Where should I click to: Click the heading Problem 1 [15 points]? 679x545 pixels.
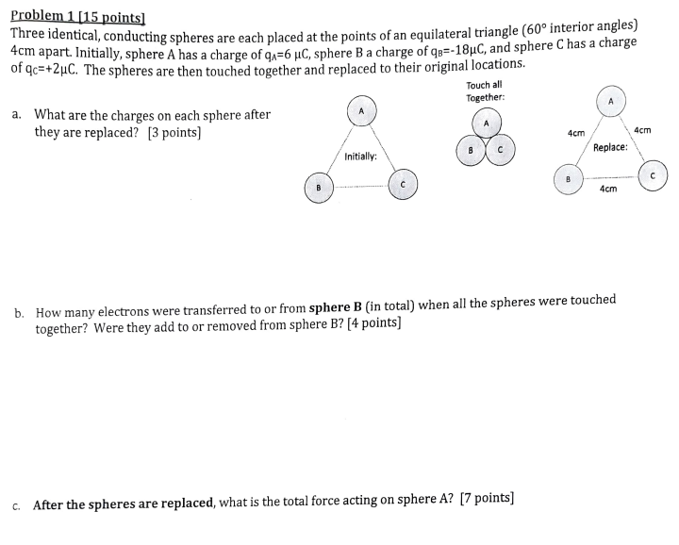coord(84,17)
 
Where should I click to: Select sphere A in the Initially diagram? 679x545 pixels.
coord(361,111)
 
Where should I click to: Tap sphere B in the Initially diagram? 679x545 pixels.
coord(319,188)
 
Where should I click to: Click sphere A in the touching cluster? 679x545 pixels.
coord(486,124)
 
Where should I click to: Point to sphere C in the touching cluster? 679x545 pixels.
coord(501,149)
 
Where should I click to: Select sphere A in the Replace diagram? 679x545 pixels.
coord(610,101)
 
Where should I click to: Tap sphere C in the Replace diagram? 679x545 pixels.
coord(652,174)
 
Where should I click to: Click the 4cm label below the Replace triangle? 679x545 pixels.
coord(608,190)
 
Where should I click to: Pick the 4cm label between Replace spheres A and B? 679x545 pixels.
coord(575,134)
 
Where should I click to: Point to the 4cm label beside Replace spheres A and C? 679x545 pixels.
coord(643,129)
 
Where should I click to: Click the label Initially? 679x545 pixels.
coord(361,157)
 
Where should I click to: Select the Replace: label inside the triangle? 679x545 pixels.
coord(611,148)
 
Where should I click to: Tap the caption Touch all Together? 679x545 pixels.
coord(485,91)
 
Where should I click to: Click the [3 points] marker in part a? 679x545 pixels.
coord(174,133)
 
